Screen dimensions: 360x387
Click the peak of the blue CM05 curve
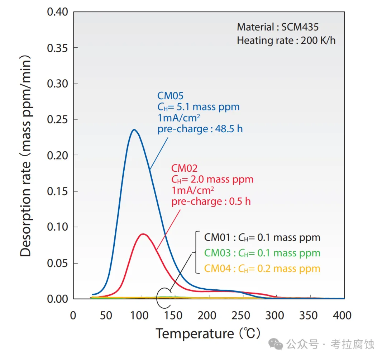(134, 130)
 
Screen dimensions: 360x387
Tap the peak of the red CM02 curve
(143, 234)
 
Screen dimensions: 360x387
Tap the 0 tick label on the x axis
(73, 316)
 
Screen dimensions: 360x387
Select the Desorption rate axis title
(26, 156)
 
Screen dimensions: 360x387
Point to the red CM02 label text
(184, 168)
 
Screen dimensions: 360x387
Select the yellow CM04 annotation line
(262, 269)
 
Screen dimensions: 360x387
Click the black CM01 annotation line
(262, 237)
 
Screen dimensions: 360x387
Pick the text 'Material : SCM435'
(278, 27)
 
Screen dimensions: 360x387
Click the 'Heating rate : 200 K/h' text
(286, 40)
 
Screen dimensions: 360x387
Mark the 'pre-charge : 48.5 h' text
(200, 129)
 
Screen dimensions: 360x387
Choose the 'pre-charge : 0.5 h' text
(211, 202)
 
